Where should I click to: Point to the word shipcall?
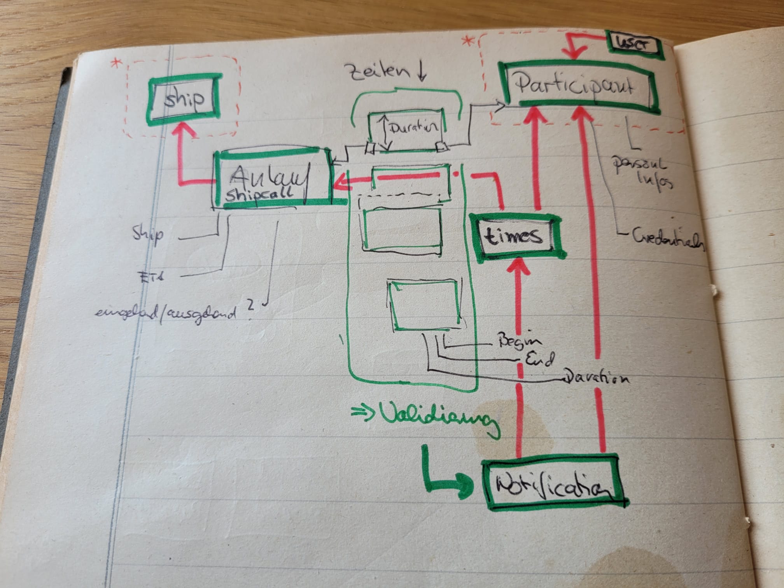click(x=259, y=194)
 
